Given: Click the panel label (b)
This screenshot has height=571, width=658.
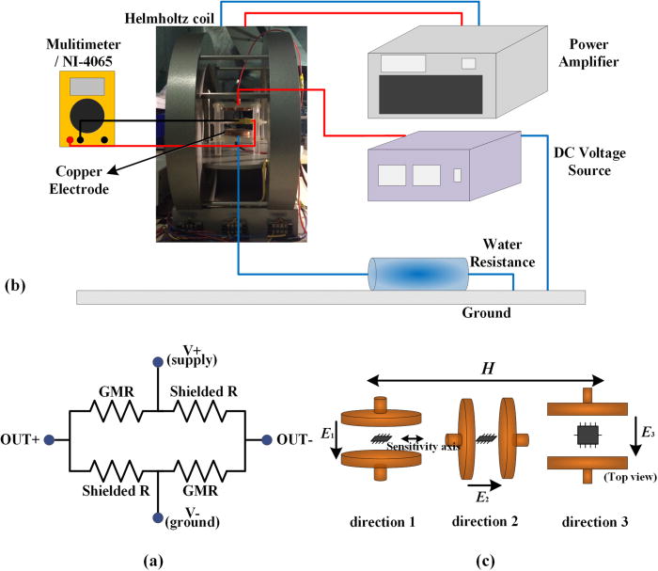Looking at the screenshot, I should pyautogui.click(x=16, y=285).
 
